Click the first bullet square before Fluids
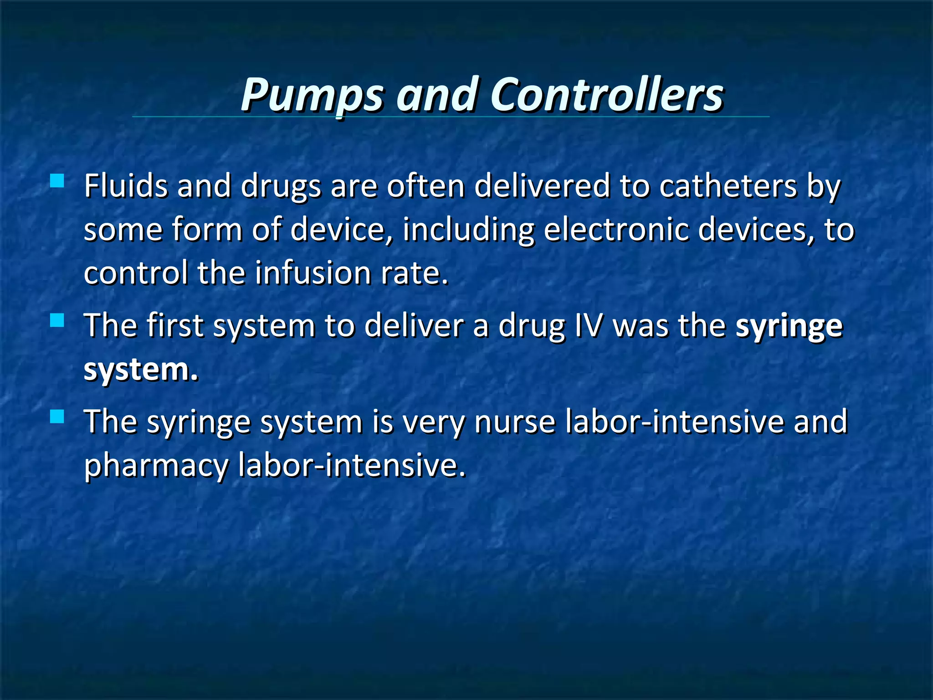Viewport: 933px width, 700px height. tap(57, 181)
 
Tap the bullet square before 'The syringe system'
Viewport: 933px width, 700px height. tap(57, 416)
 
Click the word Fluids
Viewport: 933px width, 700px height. tap(126, 186)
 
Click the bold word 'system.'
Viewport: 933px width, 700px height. tap(141, 370)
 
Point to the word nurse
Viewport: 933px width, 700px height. tap(515, 422)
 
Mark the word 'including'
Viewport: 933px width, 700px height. tap(468, 230)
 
